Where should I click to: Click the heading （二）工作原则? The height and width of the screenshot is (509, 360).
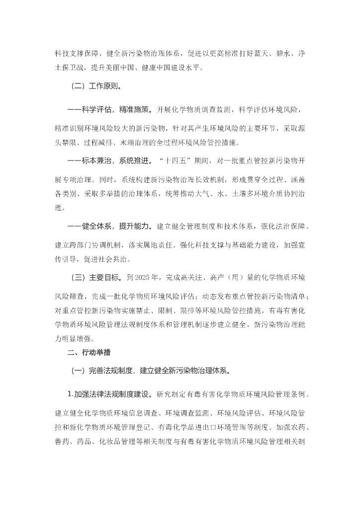pyautogui.click(x=97, y=86)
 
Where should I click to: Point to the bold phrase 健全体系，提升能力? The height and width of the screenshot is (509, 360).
pyautogui.click(x=109, y=226)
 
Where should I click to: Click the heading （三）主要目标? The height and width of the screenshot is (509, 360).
pyautogui.click(x=97, y=277)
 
